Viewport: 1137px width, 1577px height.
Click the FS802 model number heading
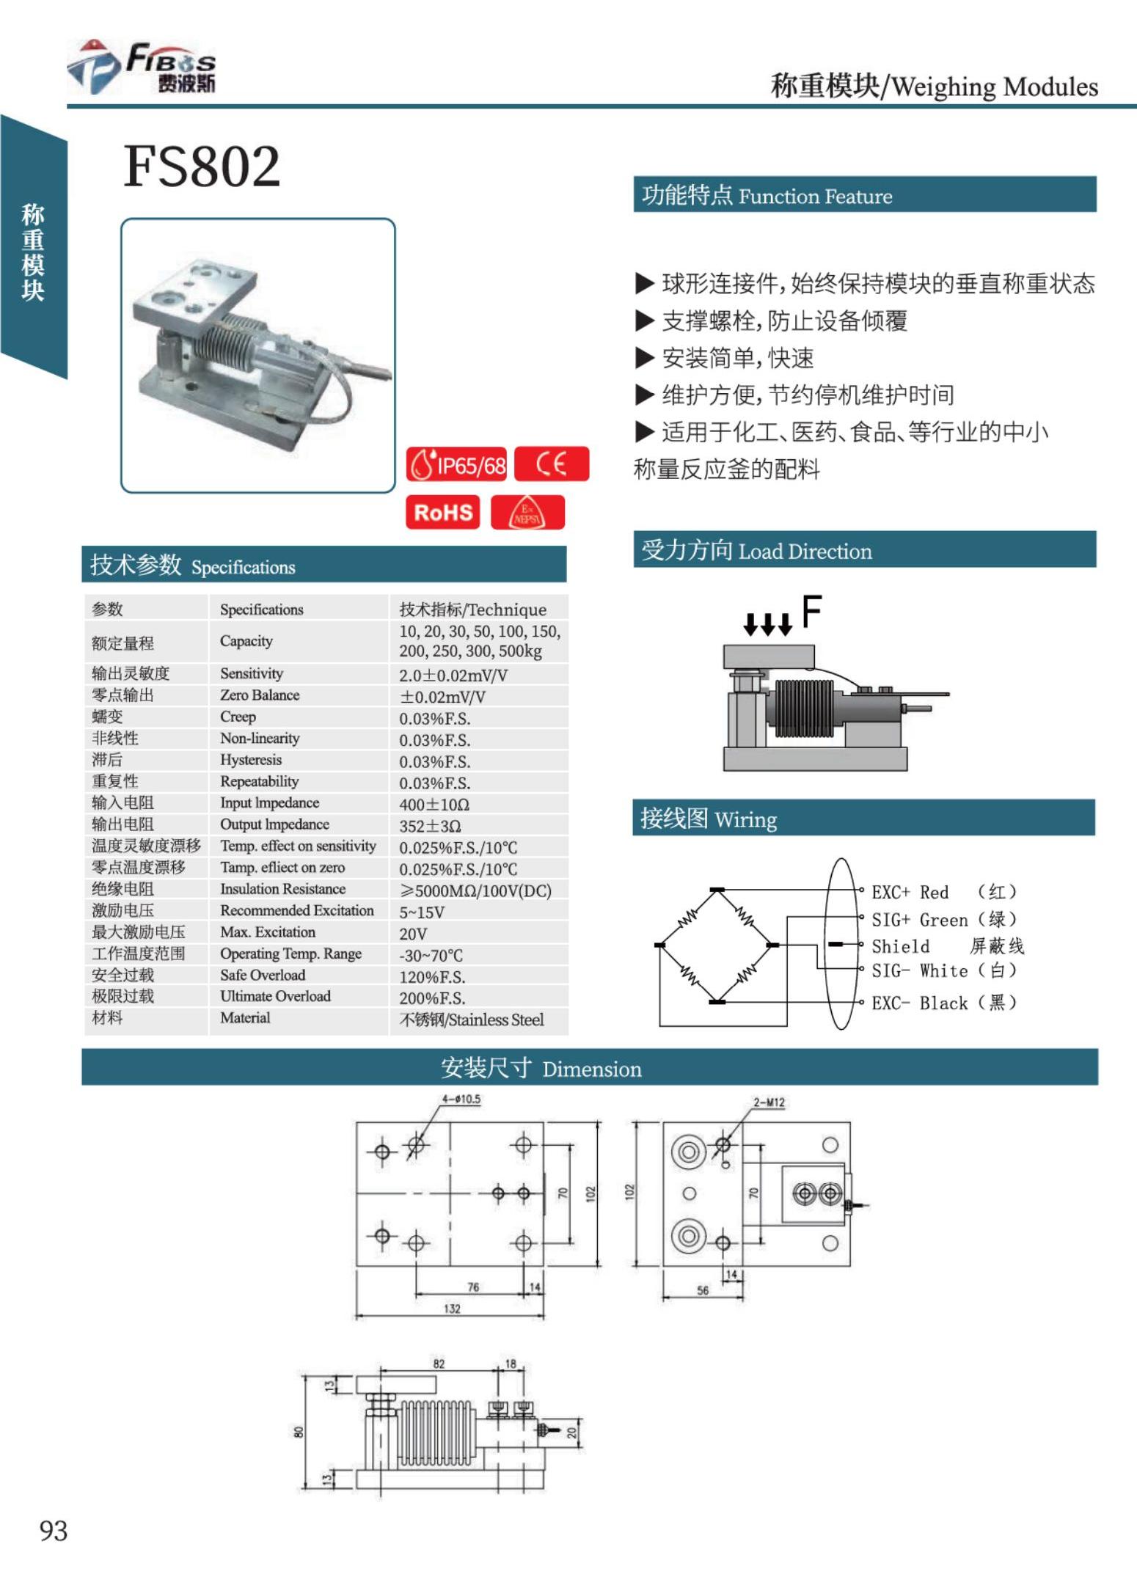[x=202, y=167]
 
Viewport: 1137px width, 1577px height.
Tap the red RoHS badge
[x=443, y=512]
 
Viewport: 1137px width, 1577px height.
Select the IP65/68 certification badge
[x=456, y=464]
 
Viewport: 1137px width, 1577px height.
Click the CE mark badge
[x=552, y=464]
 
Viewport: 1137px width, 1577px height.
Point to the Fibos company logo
[x=143, y=67]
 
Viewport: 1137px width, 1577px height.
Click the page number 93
[x=54, y=1531]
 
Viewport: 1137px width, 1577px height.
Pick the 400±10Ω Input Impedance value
[x=434, y=805]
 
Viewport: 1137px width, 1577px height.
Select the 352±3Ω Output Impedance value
[x=430, y=826]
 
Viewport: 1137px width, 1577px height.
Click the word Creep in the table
[x=238, y=717]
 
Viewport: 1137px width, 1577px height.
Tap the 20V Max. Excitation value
[x=413, y=934]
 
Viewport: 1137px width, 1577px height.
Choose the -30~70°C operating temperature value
[x=431, y=955]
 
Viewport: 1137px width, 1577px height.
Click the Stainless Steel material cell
[x=471, y=1020]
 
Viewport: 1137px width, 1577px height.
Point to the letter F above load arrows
[x=811, y=611]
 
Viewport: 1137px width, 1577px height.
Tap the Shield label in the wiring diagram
[x=901, y=946]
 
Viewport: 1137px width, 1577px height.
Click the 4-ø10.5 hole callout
[x=461, y=1099]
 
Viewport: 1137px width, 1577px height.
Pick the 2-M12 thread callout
[x=769, y=1102]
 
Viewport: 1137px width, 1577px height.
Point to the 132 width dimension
[x=452, y=1309]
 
